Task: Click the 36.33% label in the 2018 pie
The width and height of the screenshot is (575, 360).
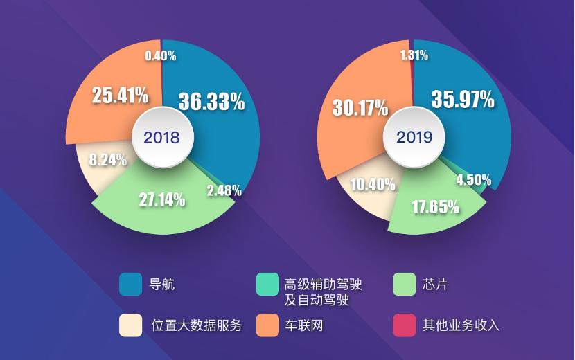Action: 211,101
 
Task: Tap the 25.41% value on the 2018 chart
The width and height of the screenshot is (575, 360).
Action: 121,95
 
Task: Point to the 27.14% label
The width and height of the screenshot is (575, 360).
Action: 162,201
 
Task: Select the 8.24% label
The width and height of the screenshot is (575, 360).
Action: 107,160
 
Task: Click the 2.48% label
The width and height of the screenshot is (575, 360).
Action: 224,190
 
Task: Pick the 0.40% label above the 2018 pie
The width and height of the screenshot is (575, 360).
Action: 160,55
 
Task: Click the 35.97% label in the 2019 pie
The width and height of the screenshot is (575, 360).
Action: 463,99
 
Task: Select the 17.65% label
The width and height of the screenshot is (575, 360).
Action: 436,206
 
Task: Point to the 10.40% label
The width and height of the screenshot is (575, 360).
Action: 372,183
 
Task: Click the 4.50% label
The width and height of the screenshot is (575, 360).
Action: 473,179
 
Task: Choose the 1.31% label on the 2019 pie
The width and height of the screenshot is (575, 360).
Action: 414,55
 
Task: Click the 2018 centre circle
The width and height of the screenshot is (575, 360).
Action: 161,137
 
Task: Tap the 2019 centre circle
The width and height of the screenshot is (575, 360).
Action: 414,137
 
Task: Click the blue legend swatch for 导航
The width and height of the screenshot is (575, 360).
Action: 131,284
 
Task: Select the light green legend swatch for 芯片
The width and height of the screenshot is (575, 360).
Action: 405,284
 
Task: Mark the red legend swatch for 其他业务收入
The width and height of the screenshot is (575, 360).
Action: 405,325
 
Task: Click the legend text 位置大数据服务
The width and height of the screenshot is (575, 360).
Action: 195,325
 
